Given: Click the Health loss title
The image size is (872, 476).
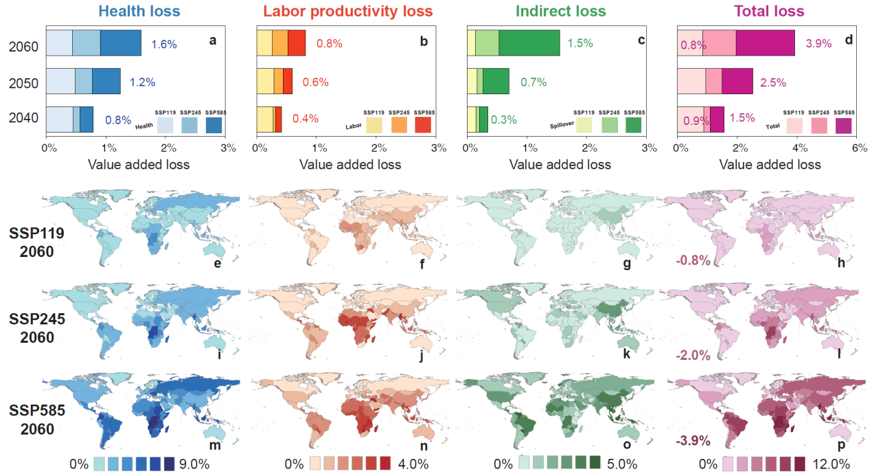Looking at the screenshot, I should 139,11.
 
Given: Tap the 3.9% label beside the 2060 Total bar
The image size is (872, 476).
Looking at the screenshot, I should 818,43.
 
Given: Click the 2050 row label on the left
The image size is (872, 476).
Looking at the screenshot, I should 23,83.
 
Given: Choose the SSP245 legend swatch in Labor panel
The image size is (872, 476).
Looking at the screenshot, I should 399,124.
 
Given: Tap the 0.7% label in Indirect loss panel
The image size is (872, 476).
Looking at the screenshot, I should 533,82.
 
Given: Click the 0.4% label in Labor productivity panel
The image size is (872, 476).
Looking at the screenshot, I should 306,118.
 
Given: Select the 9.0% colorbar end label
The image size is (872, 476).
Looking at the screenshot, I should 196,464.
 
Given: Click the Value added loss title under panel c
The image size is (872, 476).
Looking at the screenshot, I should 560,165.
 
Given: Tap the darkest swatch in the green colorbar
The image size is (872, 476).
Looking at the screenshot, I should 595,462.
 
